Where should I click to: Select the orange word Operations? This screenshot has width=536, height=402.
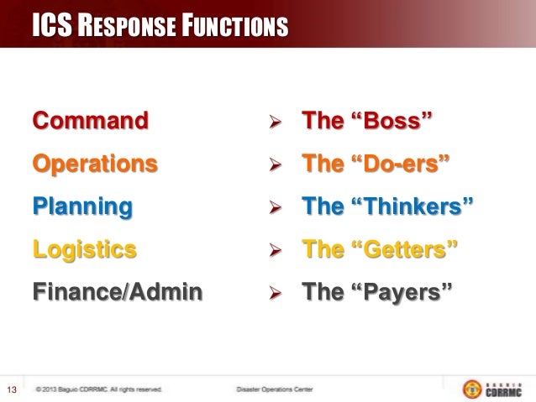click(95, 163)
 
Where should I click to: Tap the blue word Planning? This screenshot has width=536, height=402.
click(82, 206)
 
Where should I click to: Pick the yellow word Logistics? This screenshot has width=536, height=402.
click(84, 248)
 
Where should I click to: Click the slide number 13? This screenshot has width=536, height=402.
click(13, 389)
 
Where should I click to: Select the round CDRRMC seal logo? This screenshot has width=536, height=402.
click(472, 389)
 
